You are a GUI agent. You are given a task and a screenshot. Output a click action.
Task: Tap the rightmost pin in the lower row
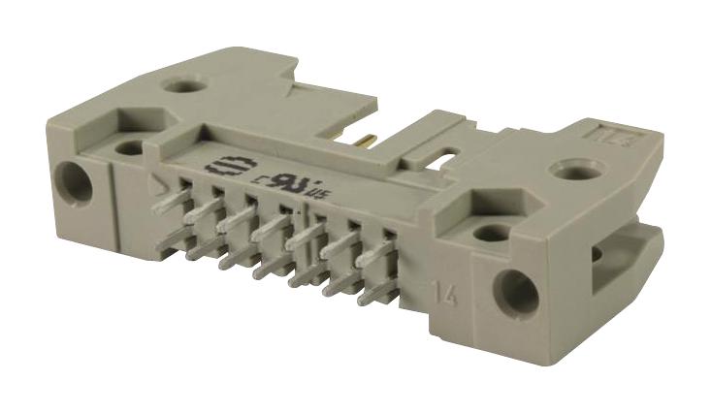click(x=371, y=291)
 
